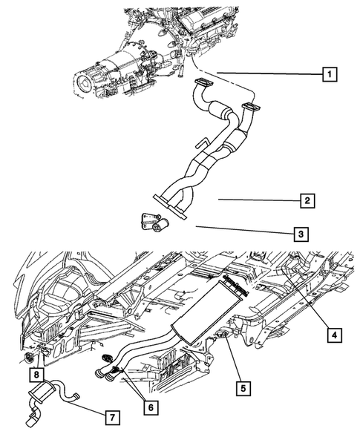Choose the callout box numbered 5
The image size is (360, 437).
click(x=240, y=387)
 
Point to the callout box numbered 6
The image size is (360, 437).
click(x=150, y=407)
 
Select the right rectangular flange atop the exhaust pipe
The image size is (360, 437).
click(x=249, y=109)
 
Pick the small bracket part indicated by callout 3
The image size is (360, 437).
click(x=151, y=220)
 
